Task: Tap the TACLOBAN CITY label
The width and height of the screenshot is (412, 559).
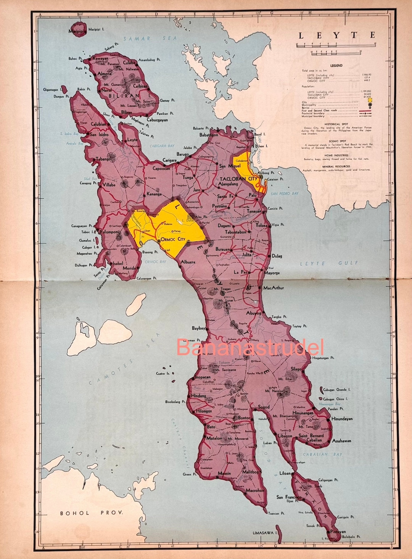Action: tap(238, 179)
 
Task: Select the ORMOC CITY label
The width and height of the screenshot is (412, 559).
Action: tap(173, 240)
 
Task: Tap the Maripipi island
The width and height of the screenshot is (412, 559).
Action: tap(78, 31)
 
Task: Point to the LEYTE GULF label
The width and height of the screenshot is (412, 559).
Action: tap(329, 263)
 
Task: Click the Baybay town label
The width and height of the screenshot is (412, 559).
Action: tap(198, 328)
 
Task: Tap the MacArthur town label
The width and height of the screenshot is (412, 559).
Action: tap(274, 288)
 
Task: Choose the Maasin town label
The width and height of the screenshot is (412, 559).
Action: tap(224, 473)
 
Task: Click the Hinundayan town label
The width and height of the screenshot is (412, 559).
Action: tap(342, 419)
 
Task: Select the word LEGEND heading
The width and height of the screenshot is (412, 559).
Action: tap(336, 66)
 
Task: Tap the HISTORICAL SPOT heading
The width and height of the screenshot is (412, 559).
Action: tap(336, 124)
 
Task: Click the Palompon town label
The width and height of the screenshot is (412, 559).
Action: tap(109, 232)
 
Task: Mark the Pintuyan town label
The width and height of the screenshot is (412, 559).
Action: tap(338, 531)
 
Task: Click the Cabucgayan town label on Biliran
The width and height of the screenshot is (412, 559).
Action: tap(157, 120)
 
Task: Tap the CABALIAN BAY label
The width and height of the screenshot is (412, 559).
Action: tap(322, 454)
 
